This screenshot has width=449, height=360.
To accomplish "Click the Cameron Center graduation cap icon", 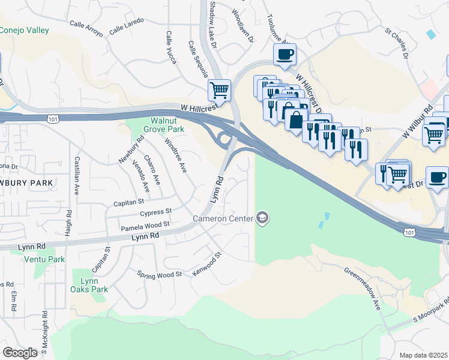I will coord(262,218).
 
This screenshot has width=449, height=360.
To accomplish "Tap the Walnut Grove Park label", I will coord(158,124).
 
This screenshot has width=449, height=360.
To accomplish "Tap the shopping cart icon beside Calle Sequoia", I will coord(220,90).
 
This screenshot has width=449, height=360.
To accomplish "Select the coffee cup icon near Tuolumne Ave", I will coord(285,55).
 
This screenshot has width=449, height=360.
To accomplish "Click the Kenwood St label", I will coord(207,263).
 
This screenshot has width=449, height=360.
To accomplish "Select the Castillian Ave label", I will coord(77,175).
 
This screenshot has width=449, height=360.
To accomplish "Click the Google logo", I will coord(20,353).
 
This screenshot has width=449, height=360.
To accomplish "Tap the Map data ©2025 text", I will coord(423,355).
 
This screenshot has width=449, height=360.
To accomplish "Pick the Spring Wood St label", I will coord(160,275).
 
